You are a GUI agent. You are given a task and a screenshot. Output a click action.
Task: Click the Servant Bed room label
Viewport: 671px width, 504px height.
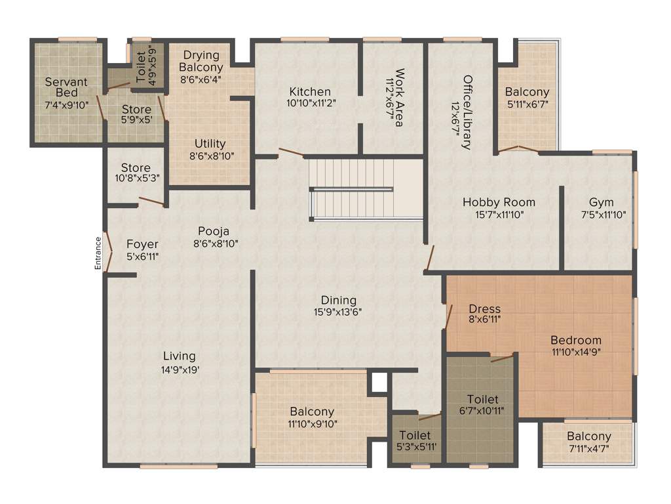tap(66, 87)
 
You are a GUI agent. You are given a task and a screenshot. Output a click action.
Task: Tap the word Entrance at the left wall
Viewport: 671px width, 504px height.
tap(98, 253)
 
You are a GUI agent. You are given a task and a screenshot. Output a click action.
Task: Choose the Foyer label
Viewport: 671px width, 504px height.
tap(143, 244)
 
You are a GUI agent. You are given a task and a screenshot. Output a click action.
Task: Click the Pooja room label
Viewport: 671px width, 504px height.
tap(213, 231)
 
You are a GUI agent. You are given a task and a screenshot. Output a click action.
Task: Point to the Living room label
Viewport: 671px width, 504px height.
tap(179, 356)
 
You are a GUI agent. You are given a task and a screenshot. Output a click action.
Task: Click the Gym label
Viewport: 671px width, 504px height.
tap(601, 201)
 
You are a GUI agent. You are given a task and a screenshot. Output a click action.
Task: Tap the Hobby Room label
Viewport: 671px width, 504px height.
tap(499, 201)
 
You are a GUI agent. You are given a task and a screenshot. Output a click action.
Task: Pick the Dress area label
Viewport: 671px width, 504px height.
tap(485, 308)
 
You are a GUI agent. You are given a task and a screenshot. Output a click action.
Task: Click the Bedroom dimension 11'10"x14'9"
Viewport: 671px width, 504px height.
tap(576, 352)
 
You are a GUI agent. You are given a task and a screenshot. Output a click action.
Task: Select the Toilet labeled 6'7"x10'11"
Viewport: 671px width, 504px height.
tap(482, 399)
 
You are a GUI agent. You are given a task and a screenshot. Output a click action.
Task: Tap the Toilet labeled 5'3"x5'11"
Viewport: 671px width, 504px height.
tap(415, 435)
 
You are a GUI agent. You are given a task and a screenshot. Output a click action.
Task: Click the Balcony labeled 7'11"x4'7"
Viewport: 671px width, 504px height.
tap(589, 436)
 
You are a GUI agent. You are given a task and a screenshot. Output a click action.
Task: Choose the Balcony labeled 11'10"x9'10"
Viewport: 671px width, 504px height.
tap(312, 411)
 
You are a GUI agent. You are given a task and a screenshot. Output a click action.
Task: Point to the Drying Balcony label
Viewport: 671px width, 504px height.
tap(201, 61)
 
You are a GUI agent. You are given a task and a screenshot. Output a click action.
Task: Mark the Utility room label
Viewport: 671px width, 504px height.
tap(210, 143)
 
